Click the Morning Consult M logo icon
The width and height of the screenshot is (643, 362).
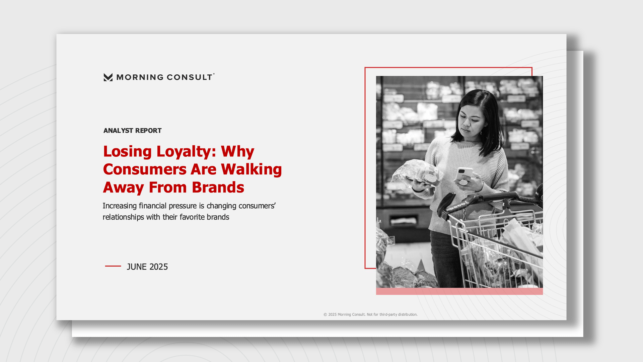click(108, 77)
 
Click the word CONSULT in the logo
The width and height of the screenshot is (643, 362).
click(189, 77)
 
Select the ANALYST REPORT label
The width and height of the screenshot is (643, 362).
click(132, 131)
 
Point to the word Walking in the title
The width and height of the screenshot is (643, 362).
click(251, 169)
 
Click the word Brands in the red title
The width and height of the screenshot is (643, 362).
click(218, 187)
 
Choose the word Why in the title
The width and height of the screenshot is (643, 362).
click(237, 152)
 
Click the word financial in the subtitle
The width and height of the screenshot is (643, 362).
click(153, 206)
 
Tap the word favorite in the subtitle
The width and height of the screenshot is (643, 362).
click(192, 217)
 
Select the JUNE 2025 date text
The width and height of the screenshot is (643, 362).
click(147, 267)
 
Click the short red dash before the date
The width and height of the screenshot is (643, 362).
click(113, 266)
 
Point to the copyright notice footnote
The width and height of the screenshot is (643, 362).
click(370, 314)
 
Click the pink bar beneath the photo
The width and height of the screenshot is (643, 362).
click(459, 291)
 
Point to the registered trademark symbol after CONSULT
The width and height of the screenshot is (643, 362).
click(214, 74)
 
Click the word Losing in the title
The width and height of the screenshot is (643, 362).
click(127, 152)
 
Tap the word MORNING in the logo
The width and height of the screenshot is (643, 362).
click(140, 77)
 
